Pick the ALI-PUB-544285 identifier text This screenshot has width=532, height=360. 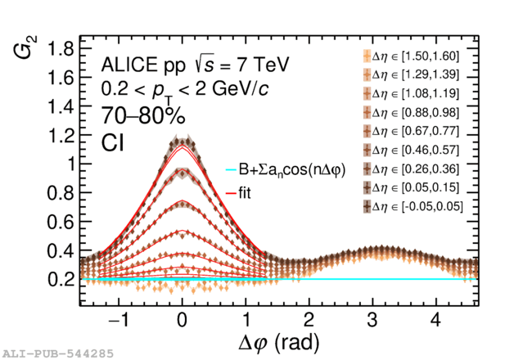(x=58, y=354)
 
